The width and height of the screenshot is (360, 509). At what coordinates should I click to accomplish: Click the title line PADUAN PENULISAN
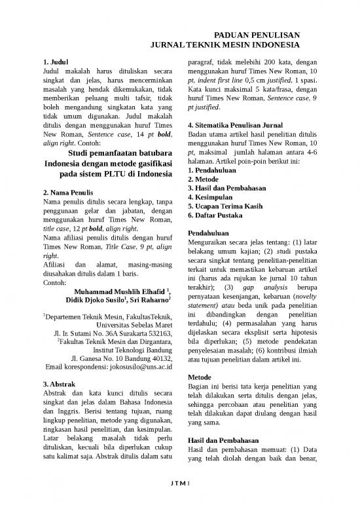(x=257, y=37)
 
